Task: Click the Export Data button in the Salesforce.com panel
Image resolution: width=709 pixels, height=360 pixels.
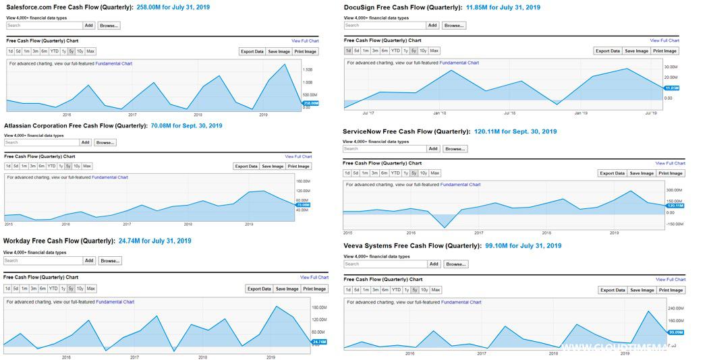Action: click(252, 51)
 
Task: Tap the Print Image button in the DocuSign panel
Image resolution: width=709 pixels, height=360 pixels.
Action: click(664, 51)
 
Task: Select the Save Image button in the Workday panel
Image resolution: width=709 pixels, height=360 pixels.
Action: click(287, 289)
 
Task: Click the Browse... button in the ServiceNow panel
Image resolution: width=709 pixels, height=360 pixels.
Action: click(455, 149)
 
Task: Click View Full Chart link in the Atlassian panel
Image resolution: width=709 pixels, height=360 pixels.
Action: click(298, 156)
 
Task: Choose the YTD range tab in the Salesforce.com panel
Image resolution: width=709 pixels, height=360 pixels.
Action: click(54, 51)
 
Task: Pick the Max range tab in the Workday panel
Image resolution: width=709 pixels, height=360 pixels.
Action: click(91, 289)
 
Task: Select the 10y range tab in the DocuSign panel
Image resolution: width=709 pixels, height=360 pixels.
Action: click(423, 51)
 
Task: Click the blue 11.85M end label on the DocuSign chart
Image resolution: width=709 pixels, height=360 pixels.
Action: click(672, 88)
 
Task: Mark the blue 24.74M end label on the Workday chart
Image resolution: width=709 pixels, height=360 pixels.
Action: click(319, 342)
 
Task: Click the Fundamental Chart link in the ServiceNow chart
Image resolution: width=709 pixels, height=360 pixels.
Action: click(460, 184)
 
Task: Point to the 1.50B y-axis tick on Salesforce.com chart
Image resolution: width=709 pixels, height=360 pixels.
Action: click(307, 69)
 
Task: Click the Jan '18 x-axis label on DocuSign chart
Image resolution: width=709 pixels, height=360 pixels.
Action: click(439, 113)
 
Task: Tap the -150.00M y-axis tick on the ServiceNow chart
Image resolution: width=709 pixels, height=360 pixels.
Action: click(675, 224)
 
